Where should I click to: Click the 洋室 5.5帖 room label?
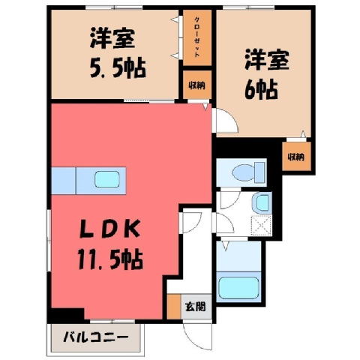click(118, 54)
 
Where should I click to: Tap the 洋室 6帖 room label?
click(267, 74)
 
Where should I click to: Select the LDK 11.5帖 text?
click(110, 245)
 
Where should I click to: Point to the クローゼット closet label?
click(197, 37)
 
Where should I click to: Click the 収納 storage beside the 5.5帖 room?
click(197, 85)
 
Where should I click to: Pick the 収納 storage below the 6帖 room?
click(296, 157)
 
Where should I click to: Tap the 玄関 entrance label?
click(196, 306)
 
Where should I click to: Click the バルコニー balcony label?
click(96, 337)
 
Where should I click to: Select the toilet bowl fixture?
click(243, 172)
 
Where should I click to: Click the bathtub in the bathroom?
click(238, 287)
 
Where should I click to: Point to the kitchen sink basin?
click(107, 179)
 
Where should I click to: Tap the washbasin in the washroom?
click(262, 202)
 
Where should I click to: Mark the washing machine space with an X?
click(261, 225)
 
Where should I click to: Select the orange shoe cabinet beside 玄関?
click(174, 307)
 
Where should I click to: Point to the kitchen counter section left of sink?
click(64, 181)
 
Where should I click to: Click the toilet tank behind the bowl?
click(260, 172)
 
